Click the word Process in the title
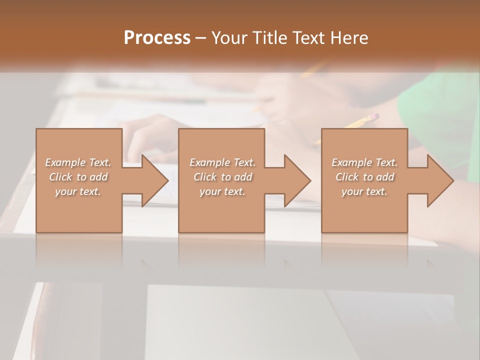pyautogui.click(x=157, y=38)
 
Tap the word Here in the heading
pyautogui.click(x=349, y=38)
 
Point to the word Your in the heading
pyautogui.click(x=230, y=38)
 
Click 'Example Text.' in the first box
pyautogui.click(x=78, y=162)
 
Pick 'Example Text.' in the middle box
pyautogui.click(x=222, y=162)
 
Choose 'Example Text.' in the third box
pyautogui.click(x=364, y=162)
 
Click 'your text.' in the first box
pyautogui.click(x=78, y=191)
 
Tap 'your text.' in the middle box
pyautogui.click(x=222, y=191)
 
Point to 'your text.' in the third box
pyautogui.click(x=364, y=191)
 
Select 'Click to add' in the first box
pyautogui.click(x=78, y=177)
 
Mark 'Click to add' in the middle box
pyautogui.click(x=222, y=177)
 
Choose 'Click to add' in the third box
pyautogui.click(x=365, y=177)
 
